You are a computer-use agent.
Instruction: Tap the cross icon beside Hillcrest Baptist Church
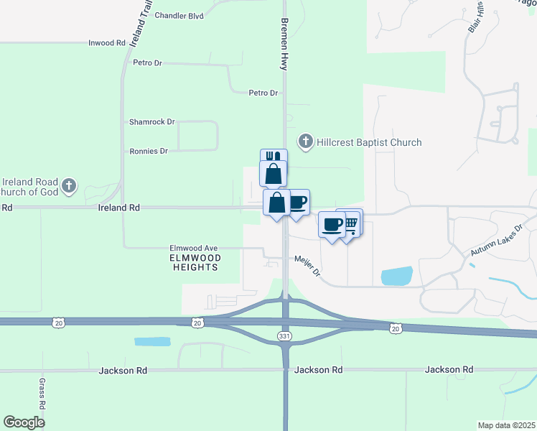pyautogui.click(x=306, y=142)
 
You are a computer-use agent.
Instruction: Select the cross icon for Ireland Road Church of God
pyautogui.click(x=69, y=187)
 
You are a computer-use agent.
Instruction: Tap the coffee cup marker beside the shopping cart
pyautogui.click(x=332, y=226)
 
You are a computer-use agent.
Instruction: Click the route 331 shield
pyautogui.click(x=285, y=336)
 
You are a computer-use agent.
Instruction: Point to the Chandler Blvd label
pyautogui.click(x=179, y=15)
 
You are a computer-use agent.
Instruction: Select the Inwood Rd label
pyautogui.click(x=107, y=43)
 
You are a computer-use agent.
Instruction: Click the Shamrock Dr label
pyautogui.click(x=152, y=122)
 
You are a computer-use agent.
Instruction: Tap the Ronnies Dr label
pyautogui.click(x=149, y=152)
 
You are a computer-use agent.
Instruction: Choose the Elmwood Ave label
pyautogui.click(x=193, y=248)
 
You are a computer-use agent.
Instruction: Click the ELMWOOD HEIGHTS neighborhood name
pyautogui.click(x=195, y=262)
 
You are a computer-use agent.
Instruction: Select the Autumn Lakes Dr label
pyautogui.click(x=499, y=241)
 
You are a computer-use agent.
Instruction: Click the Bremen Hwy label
pyautogui.click(x=285, y=43)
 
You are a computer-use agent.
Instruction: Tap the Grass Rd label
pyautogui.click(x=42, y=394)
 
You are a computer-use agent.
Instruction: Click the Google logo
pyautogui.click(x=24, y=422)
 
